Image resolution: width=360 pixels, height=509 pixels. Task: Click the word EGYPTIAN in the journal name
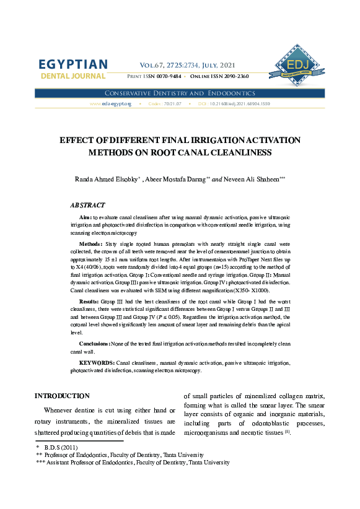tap(73, 65)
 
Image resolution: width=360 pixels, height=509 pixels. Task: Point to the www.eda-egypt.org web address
tap(110, 104)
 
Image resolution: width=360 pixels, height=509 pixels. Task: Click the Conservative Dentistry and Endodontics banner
tap(180, 93)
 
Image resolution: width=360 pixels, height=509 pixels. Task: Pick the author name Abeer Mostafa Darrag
tap(177, 179)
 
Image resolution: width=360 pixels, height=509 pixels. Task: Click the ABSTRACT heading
tap(87, 205)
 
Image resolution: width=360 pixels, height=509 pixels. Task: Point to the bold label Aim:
tap(85, 218)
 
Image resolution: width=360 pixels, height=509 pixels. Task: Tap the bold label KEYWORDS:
tap(97, 362)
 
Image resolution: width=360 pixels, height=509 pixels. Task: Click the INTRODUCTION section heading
tap(62, 396)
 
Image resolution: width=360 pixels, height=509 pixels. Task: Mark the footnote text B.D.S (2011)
tap(61, 446)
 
